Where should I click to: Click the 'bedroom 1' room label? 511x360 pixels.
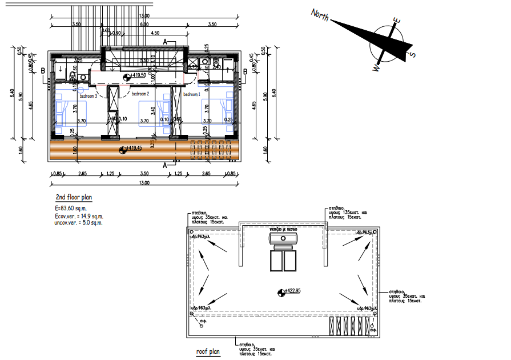point(192,94)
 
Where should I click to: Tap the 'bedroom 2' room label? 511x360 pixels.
point(140,94)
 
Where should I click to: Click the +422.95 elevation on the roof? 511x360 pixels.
point(292,291)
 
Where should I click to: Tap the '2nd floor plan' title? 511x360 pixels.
point(73,198)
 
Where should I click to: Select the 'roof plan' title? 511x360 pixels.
point(208,353)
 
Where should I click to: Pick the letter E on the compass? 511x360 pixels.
point(396,21)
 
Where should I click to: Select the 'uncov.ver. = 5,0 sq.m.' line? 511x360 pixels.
point(78,223)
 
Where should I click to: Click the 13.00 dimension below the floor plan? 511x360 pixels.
point(143,183)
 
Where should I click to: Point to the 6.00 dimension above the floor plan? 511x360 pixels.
point(144,25)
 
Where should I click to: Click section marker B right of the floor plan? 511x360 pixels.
point(245,71)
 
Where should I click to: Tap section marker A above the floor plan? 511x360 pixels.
point(165,42)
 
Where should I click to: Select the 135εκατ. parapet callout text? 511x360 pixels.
point(348,213)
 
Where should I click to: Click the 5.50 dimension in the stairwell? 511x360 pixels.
point(144,60)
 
